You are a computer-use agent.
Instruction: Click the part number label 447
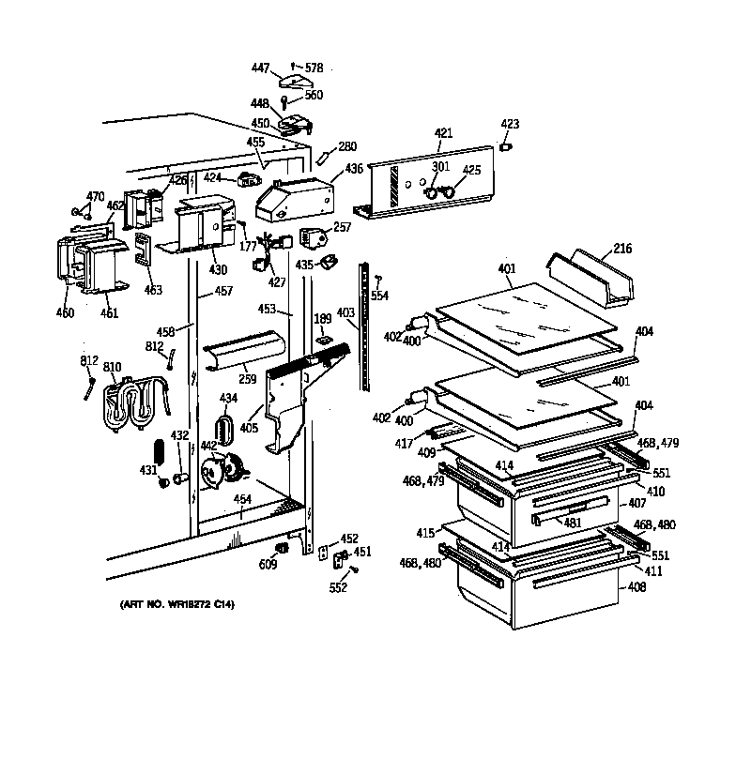260,68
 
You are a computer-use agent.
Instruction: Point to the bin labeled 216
596,279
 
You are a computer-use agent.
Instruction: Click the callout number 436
353,169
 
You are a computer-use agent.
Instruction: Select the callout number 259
247,378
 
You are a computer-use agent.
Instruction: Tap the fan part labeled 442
223,467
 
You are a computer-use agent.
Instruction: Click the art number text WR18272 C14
178,605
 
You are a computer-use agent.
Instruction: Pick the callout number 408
636,589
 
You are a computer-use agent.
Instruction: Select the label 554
379,296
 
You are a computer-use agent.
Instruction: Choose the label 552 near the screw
338,588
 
